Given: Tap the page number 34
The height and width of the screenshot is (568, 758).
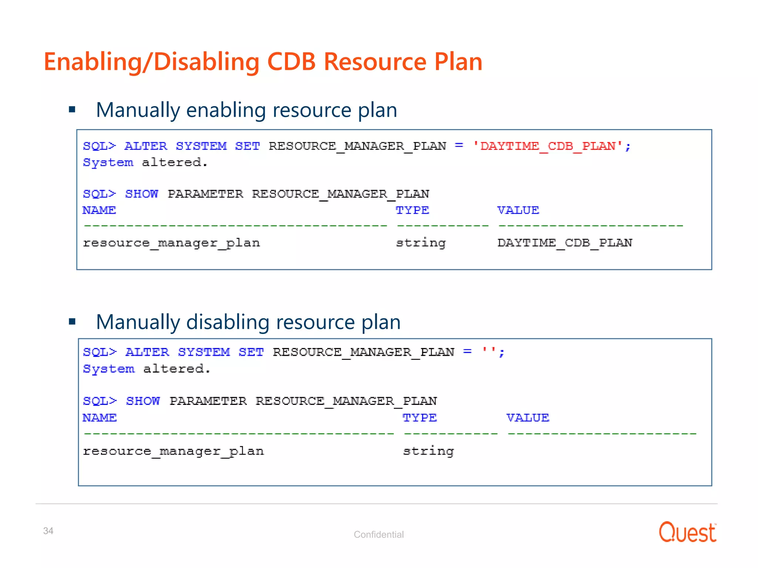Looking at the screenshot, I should (x=48, y=531).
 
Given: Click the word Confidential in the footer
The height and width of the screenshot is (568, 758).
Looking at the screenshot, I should (x=378, y=534).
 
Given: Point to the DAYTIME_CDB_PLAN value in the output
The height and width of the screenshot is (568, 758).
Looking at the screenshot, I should (x=564, y=243).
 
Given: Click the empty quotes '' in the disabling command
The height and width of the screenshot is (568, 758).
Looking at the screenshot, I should (x=488, y=351).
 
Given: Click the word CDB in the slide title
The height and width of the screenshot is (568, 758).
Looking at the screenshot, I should (x=291, y=61).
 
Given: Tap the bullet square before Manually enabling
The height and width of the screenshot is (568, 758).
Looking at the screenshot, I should (x=72, y=109).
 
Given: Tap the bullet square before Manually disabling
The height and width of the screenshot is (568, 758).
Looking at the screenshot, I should (x=72, y=321).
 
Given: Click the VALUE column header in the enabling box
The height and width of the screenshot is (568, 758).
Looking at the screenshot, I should (x=518, y=210).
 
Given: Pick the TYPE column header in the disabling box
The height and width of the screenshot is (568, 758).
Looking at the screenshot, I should (x=419, y=417).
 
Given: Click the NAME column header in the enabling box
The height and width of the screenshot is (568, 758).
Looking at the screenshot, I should (x=99, y=210).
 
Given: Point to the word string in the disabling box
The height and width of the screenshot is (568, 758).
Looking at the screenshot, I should (x=428, y=451).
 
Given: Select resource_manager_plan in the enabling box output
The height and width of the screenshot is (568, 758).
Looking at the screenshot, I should (x=171, y=243).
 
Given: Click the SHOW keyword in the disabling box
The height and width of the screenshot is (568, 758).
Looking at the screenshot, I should (x=143, y=401).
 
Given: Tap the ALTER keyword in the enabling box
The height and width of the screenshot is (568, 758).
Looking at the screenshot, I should (x=146, y=146).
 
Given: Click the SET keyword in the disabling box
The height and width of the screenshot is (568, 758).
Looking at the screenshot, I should (x=251, y=352).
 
